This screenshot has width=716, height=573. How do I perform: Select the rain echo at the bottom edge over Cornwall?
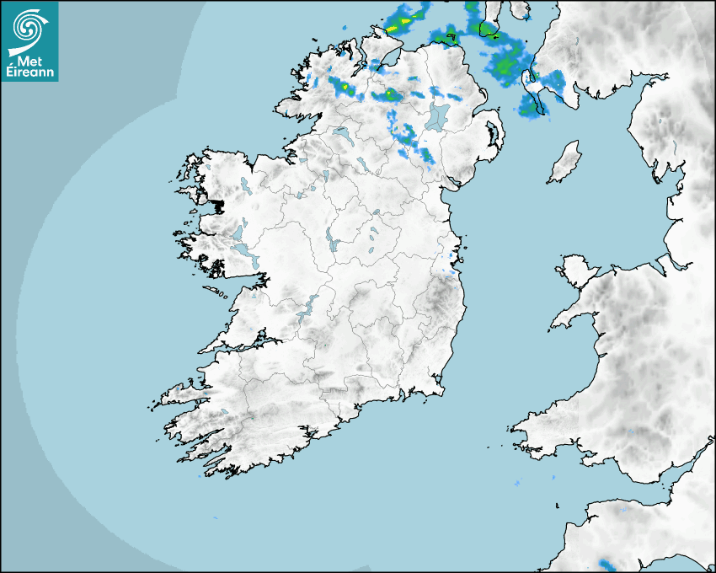(606, 563)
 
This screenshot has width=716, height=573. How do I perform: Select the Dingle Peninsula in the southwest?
(181, 394)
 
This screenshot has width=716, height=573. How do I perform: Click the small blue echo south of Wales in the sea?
(516, 484)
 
